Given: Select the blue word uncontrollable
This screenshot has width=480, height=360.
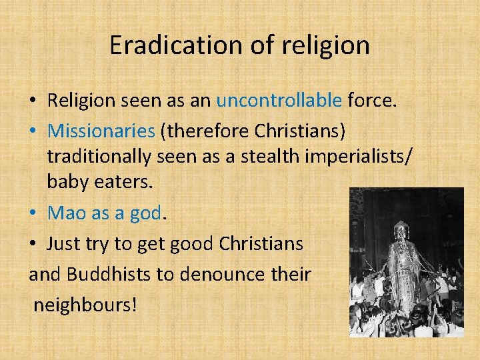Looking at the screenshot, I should point(279,101).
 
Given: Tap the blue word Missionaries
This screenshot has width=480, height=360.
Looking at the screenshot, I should point(102,131).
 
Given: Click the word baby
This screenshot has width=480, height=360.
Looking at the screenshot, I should point(66,182).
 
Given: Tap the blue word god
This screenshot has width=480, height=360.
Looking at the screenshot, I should point(146,213).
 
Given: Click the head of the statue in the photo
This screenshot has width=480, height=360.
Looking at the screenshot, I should point(401,230).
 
